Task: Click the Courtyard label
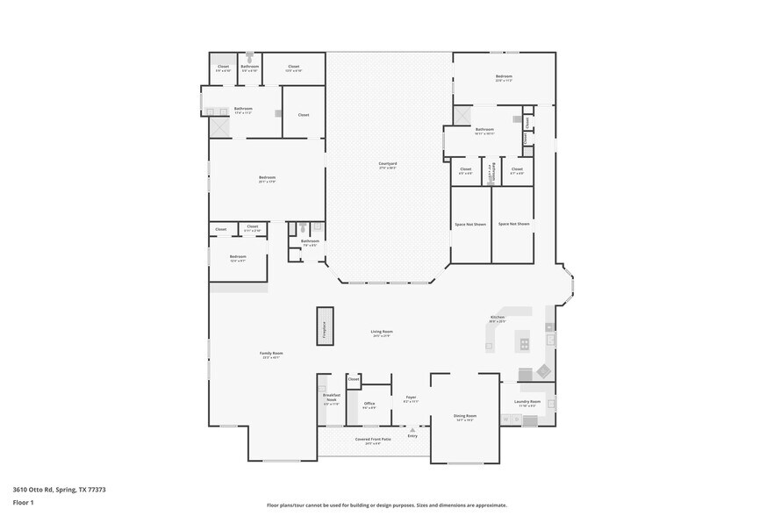pos(388,164)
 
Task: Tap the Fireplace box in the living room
pos(325,326)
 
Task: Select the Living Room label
pos(381,333)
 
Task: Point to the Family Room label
pos(271,355)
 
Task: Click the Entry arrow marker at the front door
pos(412,430)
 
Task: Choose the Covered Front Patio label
pos(373,440)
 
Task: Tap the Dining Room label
pos(465,417)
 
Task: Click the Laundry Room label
pos(528,403)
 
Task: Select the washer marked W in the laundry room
pos(505,419)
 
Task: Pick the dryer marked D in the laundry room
pos(515,419)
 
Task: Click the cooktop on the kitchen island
pos(525,344)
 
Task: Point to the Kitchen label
pos(497,318)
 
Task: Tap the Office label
pos(369,405)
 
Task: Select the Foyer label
pos(411,399)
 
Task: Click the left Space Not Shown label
pos(470,224)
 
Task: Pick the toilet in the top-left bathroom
pos(249,57)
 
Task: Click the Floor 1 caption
pos(23,503)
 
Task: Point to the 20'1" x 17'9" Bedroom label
pos(267,179)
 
